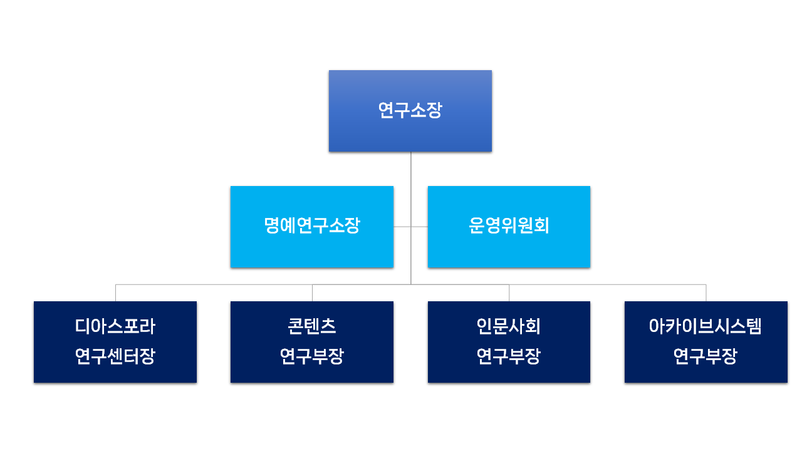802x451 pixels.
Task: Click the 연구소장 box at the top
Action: (410, 111)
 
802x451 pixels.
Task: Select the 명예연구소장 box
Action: (312, 227)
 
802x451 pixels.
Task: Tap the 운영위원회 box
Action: (509, 227)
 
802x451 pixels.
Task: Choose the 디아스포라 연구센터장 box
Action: (115, 342)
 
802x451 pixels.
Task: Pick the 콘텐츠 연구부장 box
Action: (312, 342)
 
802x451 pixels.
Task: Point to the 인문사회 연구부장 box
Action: (509, 342)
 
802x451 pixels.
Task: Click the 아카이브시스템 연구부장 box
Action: (706, 342)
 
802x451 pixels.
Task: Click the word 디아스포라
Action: (115, 326)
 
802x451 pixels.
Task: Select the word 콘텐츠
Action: (312, 326)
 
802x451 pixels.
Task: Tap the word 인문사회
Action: (509, 326)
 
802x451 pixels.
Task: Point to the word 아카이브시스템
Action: (706, 326)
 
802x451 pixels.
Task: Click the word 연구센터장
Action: (115, 357)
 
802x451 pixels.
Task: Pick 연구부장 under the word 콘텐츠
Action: (312, 357)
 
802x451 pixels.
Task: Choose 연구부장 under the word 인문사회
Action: (509, 357)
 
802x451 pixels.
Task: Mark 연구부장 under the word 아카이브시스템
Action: (706, 357)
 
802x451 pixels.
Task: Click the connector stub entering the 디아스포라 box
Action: (115, 293)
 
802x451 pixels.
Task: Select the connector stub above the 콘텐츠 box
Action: (312, 293)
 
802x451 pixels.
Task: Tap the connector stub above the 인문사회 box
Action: (509, 293)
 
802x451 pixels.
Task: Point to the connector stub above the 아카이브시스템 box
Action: (706, 293)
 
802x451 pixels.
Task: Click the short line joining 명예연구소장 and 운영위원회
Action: (410, 227)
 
